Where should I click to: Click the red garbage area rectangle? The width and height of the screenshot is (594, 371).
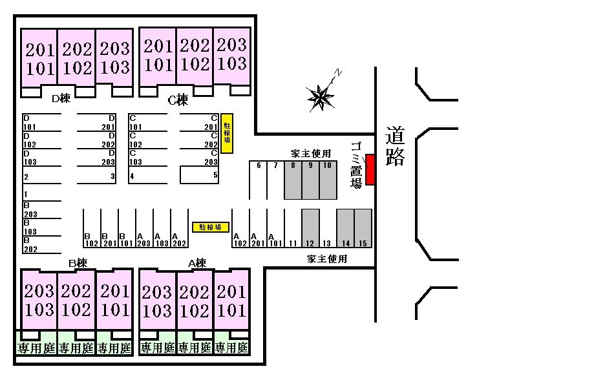(370, 169)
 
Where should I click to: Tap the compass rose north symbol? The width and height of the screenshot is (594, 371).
(321, 97)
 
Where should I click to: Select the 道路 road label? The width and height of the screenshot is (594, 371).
(395, 147)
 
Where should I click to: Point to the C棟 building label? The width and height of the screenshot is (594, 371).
(177, 100)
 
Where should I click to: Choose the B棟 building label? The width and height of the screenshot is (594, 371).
(78, 263)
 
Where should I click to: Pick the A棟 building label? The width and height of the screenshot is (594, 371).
(196, 263)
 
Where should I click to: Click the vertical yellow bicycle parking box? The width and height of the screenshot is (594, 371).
(227, 134)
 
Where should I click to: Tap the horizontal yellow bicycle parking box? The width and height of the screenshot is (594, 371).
(210, 227)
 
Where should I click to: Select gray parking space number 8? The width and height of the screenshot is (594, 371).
(293, 180)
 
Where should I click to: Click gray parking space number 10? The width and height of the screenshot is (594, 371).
(328, 180)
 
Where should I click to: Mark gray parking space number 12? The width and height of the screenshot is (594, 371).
(310, 228)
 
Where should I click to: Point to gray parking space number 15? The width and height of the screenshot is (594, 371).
(363, 228)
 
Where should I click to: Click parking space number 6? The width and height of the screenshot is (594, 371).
(258, 180)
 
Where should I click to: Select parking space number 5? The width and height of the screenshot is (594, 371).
(199, 175)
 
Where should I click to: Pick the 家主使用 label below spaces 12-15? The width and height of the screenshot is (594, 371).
(326, 259)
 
